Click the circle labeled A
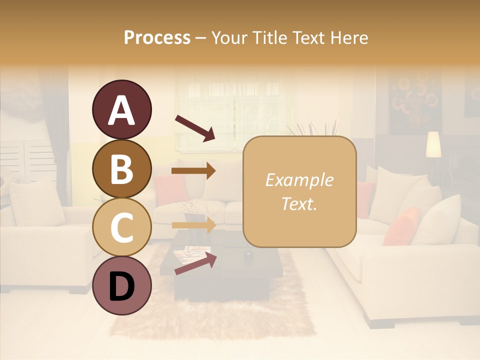[121, 110]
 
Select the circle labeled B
[121, 168]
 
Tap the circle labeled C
[121, 227]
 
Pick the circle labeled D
[121, 285]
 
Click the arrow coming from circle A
[194, 127]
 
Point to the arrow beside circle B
[193, 170]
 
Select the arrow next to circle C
[193, 225]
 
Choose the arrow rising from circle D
[195, 263]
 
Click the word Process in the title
[157, 37]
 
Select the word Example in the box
[299, 180]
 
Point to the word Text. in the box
[299, 203]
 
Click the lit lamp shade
[433, 144]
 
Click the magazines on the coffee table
[192, 252]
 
